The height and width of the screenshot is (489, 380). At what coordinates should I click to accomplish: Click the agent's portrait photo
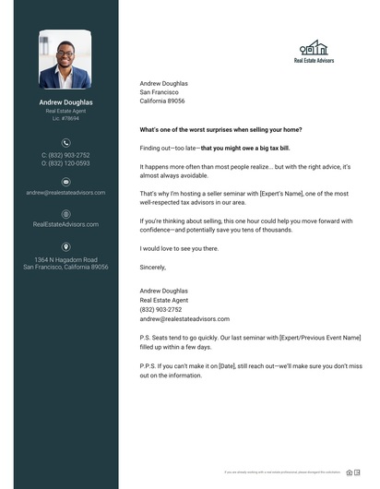tap(65, 60)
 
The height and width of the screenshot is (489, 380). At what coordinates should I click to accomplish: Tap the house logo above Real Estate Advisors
tap(314, 48)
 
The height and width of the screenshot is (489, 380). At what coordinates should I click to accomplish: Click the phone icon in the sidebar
tap(65, 142)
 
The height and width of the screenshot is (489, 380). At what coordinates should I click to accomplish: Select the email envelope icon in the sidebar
tap(65, 182)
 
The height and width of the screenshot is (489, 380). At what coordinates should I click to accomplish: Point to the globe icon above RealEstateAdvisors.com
tap(65, 213)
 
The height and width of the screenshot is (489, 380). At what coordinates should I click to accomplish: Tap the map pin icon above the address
tap(65, 247)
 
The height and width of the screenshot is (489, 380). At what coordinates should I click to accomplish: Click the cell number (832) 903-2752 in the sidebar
tap(65, 155)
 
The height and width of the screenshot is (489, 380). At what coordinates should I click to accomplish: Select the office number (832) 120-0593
tap(65, 163)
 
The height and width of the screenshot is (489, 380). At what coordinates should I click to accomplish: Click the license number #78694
tap(65, 118)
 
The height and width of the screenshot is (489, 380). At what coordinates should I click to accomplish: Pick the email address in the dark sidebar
tap(65, 193)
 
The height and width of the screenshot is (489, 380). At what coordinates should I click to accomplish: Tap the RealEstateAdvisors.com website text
tap(65, 224)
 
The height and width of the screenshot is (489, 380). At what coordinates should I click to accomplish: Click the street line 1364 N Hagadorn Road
tap(65, 260)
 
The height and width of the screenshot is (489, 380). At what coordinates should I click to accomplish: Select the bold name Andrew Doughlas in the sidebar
tap(65, 102)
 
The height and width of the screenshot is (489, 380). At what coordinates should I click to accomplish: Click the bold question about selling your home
tap(214, 130)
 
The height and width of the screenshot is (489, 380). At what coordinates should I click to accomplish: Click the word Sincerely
tap(153, 267)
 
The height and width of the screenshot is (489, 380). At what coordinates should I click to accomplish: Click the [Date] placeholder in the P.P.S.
tap(223, 365)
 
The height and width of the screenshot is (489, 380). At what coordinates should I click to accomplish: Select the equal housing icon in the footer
tap(350, 472)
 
